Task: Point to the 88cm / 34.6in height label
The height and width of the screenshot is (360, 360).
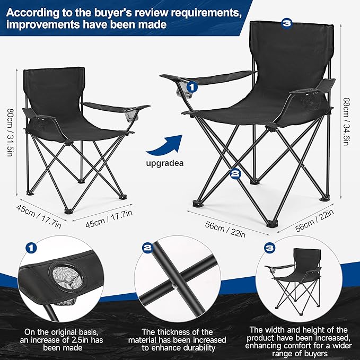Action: (347, 119)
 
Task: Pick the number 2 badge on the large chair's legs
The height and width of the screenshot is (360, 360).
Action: (236, 173)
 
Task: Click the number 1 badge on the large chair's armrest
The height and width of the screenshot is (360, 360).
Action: (191, 84)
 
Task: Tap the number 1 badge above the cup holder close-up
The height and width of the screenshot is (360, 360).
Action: (32, 248)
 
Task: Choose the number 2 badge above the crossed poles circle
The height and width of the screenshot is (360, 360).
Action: (148, 248)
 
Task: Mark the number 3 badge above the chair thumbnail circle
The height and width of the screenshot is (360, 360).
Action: (270, 248)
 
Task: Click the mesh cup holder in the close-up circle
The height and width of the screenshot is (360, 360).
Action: (63, 277)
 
